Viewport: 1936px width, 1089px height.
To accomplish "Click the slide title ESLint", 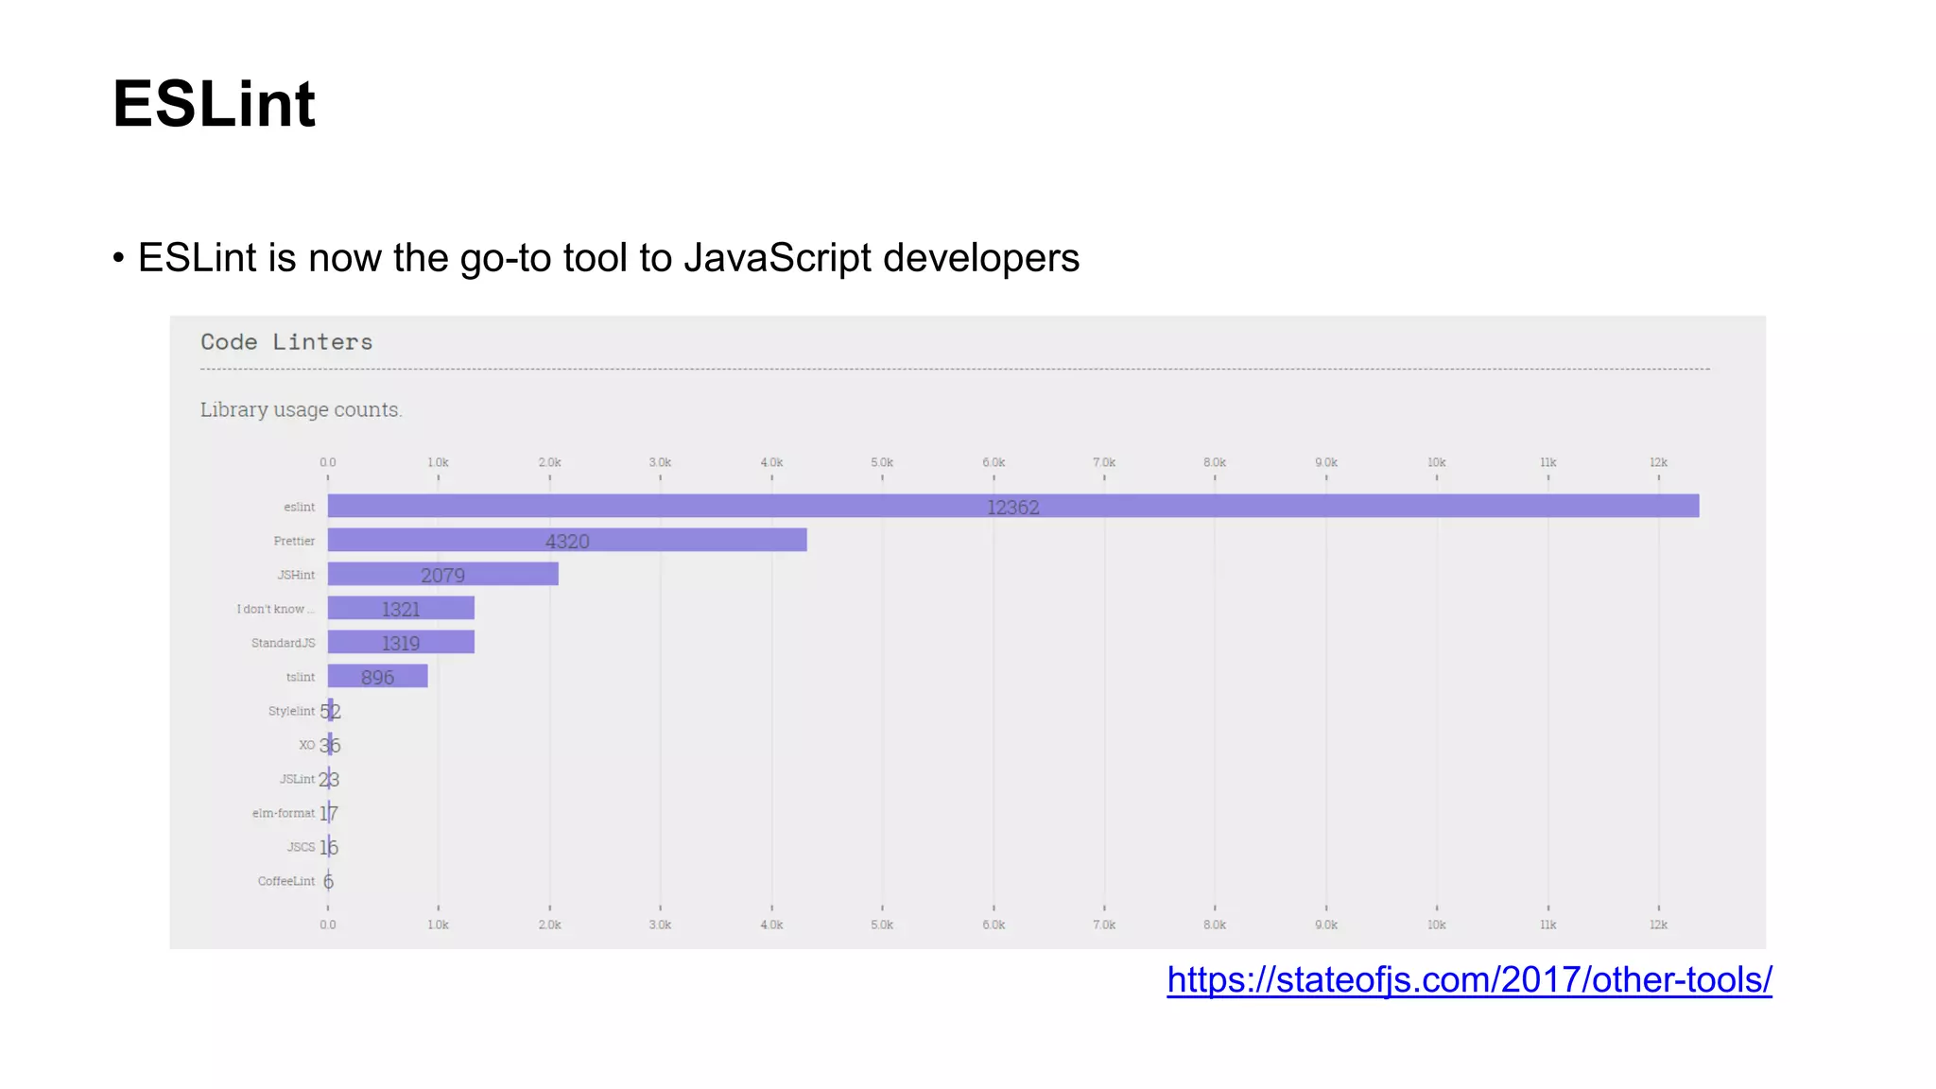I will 214,103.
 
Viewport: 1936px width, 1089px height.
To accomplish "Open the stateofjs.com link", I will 1468,979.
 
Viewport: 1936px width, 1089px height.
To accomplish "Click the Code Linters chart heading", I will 286,342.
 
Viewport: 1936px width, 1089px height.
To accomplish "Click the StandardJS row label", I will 283,643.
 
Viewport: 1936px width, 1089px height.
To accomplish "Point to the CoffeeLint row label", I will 285,881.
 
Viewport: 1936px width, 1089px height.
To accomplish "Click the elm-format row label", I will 283,813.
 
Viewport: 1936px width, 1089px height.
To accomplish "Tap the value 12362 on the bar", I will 1012,508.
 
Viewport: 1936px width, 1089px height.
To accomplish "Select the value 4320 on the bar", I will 567,542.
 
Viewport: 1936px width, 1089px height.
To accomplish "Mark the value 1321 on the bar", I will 401,610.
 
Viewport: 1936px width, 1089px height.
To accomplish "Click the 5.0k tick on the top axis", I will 882,462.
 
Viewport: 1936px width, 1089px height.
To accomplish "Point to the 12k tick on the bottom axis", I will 1658,925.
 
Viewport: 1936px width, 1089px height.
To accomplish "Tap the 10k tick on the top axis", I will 1436,462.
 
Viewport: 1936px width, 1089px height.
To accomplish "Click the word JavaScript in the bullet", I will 777,258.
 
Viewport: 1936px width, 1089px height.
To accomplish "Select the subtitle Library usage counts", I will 301,409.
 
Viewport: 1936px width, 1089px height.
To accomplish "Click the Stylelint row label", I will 291,711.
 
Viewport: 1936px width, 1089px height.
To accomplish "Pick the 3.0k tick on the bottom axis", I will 660,925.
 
